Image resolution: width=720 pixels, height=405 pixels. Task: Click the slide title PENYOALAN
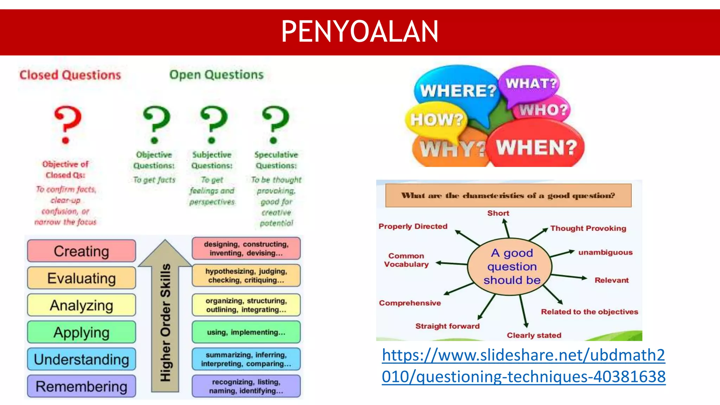(360, 32)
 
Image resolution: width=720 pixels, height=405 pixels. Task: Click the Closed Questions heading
(70, 75)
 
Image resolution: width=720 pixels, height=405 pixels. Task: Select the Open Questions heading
(216, 75)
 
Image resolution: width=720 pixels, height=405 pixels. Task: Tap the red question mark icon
(67, 124)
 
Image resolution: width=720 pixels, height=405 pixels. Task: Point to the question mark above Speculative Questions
(275, 124)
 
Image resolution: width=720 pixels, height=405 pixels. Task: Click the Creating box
(82, 251)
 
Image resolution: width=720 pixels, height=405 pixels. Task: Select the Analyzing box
(82, 305)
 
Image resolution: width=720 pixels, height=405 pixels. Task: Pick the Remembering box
(82, 386)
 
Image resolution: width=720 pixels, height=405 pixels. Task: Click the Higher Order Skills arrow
(165, 316)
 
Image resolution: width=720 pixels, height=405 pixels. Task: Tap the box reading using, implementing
(246, 332)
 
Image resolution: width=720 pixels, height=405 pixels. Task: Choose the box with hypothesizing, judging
(246, 276)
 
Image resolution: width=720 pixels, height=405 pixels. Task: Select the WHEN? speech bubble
(536, 147)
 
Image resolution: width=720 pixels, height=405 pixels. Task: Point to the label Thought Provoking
(588, 228)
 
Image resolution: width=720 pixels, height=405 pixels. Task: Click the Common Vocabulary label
(406, 260)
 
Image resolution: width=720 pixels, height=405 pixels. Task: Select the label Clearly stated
(534, 335)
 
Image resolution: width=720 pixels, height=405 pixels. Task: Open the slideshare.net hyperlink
(523, 366)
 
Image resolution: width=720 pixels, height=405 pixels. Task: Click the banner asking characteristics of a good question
(508, 195)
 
